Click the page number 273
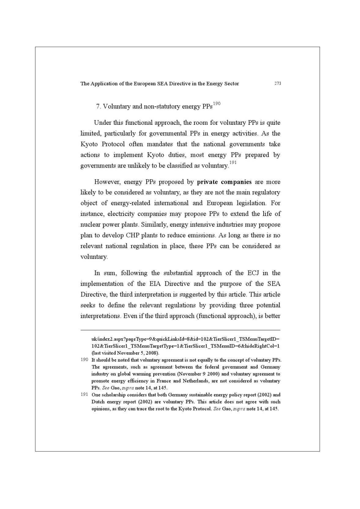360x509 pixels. (x=278, y=84)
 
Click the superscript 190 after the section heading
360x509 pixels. (x=217, y=104)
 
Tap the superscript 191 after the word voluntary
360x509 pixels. (x=233, y=163)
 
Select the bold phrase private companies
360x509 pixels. (x=224, y=182)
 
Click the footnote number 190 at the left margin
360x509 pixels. (x=84, y=359)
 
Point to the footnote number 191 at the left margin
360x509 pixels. (x=84, y=394)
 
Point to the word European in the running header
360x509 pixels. (x=145, y=84)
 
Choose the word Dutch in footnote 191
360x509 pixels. (x=98, y=402)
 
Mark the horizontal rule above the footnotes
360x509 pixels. (x=180, y=330)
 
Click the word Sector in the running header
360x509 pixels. (x=231, y=84)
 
